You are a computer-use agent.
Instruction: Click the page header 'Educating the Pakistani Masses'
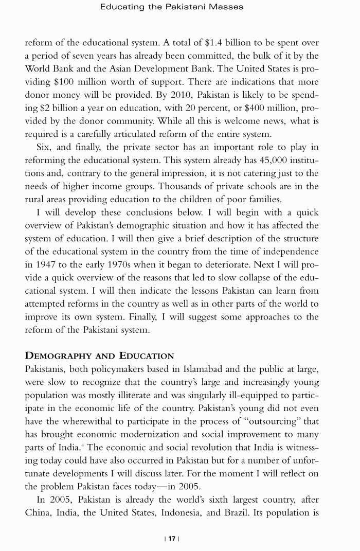[172, 7]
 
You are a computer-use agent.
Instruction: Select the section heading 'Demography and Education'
[99, 356]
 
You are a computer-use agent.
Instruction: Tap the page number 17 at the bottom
[171, 539]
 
